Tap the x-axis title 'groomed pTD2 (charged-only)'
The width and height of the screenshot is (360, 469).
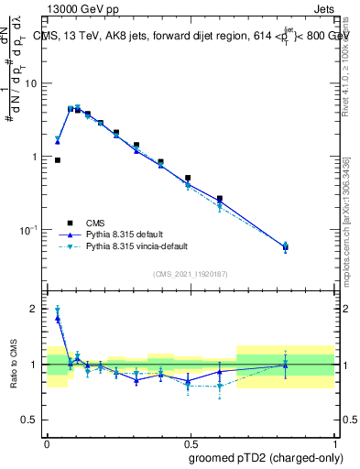click(266, 457)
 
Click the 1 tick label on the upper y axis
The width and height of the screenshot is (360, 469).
click(35, 157)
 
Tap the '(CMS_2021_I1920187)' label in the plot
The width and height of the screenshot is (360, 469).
click(190, 274)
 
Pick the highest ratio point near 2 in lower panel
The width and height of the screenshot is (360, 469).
click(58, 311)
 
